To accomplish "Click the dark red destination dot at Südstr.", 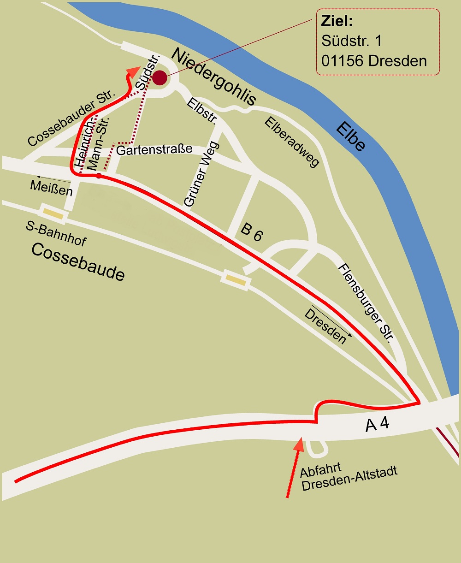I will [x=160, y=77].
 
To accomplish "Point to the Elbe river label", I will [x=351, y=136].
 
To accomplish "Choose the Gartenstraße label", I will [x=154, y=149].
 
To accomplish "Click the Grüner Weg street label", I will [x=201, y=174].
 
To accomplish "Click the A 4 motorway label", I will [x=377, y=424].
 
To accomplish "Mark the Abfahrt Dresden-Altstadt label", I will [x=348, y=478].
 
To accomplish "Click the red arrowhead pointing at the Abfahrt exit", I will [x=299, y=444].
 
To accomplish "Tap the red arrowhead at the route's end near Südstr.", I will [x=133, y=72].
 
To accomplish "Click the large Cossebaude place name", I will [x=78, y=262].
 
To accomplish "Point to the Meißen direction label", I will [x=51, y=188].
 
